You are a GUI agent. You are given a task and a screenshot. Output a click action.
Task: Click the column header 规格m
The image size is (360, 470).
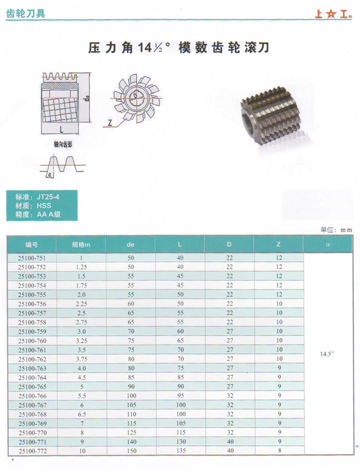point(81,245)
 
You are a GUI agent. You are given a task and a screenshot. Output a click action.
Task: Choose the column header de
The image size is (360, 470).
point(130,245)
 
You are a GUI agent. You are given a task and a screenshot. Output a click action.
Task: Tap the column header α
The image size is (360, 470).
point(327,245)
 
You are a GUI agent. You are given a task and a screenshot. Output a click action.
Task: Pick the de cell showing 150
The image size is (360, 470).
point(130,451)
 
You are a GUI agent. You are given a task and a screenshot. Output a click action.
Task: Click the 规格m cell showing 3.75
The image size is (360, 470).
point(80,359)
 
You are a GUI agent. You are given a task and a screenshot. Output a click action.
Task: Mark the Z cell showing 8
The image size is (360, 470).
point(279,451)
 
